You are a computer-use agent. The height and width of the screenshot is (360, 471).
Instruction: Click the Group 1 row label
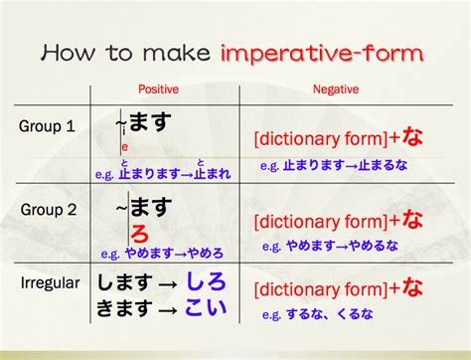coord(46,126)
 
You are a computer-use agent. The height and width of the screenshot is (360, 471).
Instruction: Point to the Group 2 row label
coord(46,211)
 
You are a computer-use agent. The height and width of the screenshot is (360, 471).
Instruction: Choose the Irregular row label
coord(49,283)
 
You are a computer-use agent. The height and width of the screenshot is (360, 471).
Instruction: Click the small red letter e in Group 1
coord(124,148)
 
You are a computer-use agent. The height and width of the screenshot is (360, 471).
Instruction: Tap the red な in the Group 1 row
coord(411,137)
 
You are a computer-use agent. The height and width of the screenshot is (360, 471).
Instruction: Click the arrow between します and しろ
coord(168,283)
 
